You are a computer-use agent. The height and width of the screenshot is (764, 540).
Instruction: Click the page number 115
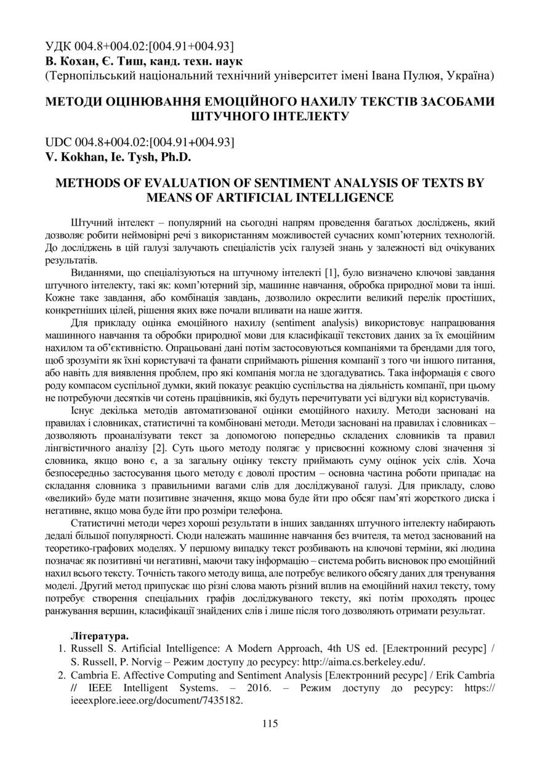coord(270,723)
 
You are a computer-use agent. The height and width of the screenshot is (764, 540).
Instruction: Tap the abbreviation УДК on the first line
coord(59,47)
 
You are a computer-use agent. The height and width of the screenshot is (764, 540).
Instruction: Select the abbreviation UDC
coord(60,142)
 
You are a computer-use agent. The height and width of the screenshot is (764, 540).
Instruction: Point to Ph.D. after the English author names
coord(175,156)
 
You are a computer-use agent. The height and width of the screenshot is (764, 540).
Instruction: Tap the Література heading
coord(100,635)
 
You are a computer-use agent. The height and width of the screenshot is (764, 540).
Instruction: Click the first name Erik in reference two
coord(430,676)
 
